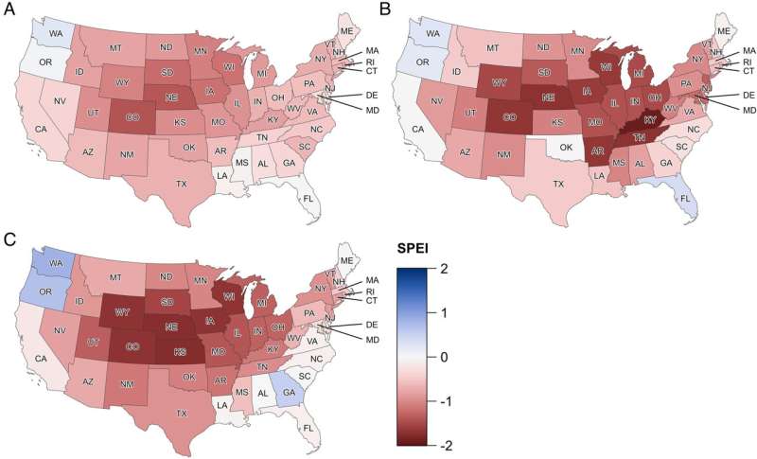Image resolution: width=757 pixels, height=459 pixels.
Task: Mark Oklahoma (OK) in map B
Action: pos(566,147)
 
